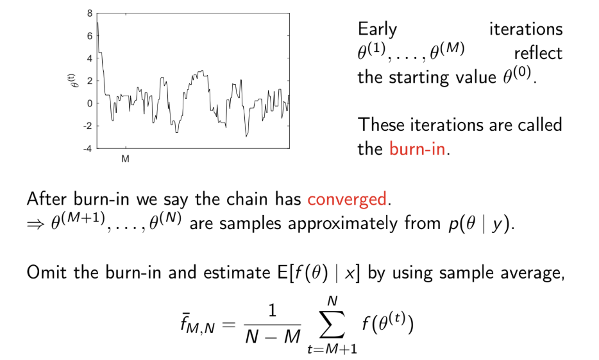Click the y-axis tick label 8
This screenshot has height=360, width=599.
pos(90,13)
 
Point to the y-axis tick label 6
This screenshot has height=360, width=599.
pos(90,35)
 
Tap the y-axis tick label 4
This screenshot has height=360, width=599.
pos(90,58)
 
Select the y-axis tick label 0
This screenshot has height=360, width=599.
pos(90,103)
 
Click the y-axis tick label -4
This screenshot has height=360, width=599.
pos(88,148)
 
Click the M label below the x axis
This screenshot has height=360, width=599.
pos(126,159)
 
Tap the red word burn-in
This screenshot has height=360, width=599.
pos(417,150)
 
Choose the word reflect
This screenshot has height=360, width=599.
pos(537,53)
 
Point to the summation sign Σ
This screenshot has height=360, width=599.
pos(332,327)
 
